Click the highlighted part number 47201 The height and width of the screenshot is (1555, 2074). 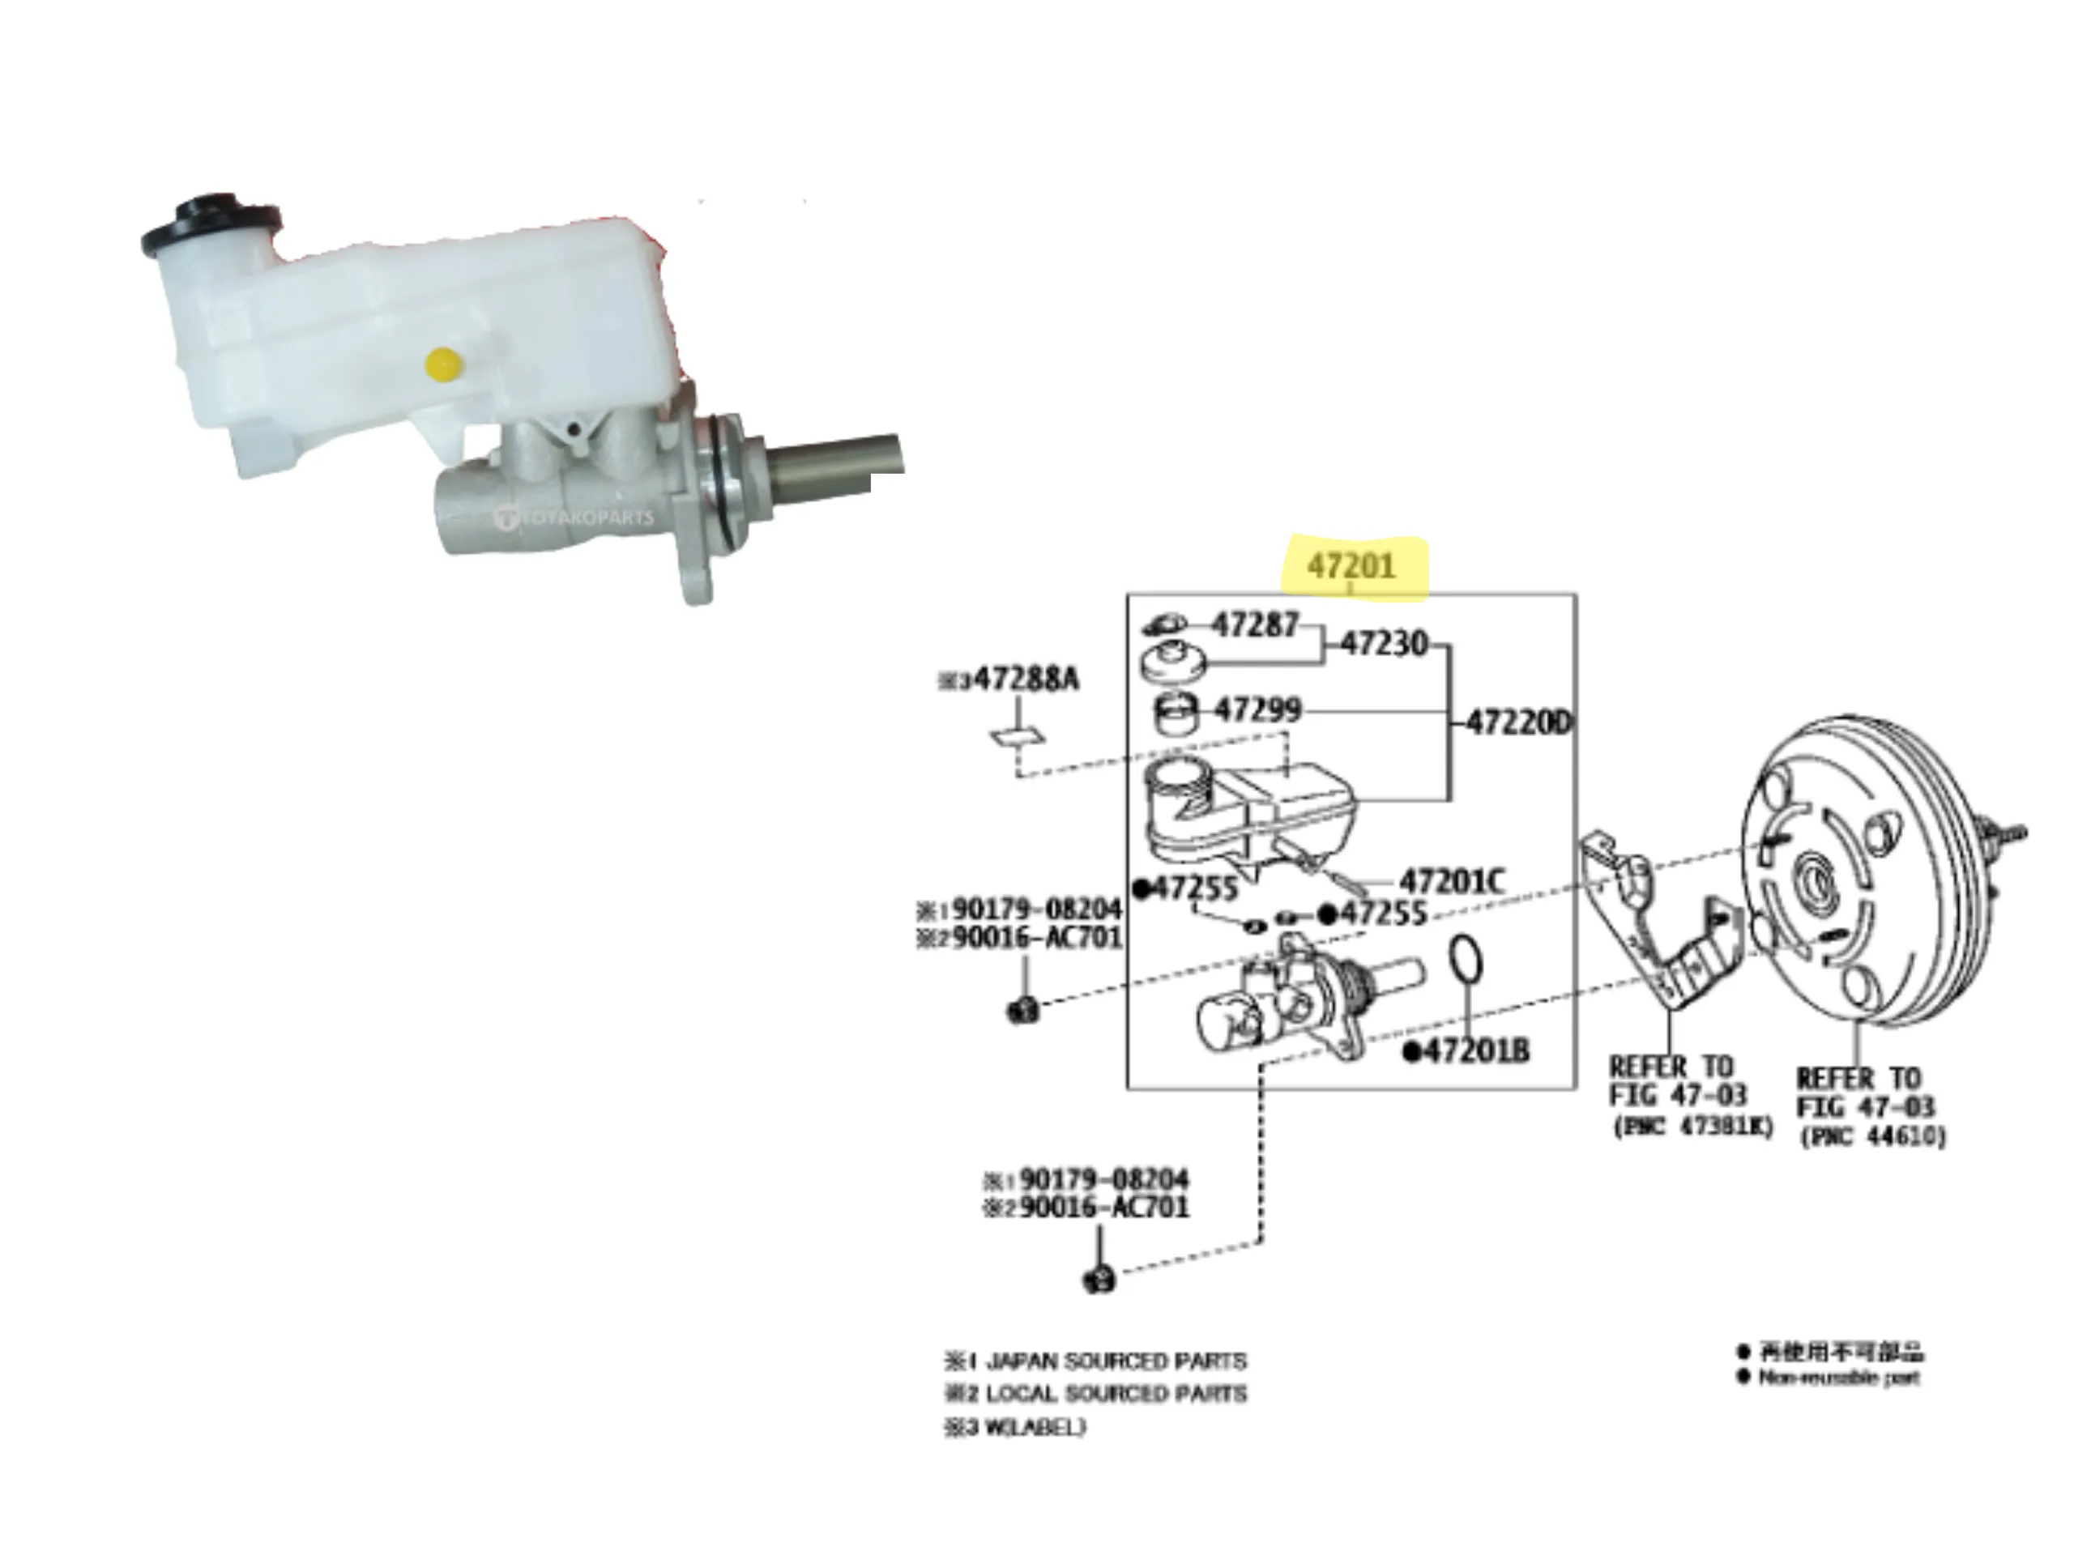(1351, 566)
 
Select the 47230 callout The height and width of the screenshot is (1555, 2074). (1384, 644)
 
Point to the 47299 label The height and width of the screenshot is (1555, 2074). (1257, 710)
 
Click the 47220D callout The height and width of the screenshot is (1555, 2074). (1518, 722)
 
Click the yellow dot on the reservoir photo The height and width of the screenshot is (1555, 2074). (442, 364)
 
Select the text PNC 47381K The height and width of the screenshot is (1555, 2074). (1693, 1126)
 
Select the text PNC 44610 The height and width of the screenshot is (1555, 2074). (1872, 1137)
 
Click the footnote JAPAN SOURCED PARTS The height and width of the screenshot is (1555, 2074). (1116, 1361)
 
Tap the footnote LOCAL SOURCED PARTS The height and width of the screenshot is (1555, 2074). (1116, 1394)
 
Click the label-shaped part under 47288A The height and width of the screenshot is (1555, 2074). (1018, 735)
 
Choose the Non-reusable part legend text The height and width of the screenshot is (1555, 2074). (1837, 1378)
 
